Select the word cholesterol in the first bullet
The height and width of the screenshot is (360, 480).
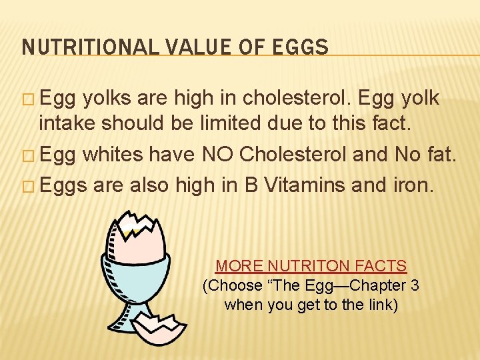point(297,98)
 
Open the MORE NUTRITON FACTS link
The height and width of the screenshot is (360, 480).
point(311,266)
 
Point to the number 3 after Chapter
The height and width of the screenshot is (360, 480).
point(415,285)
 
